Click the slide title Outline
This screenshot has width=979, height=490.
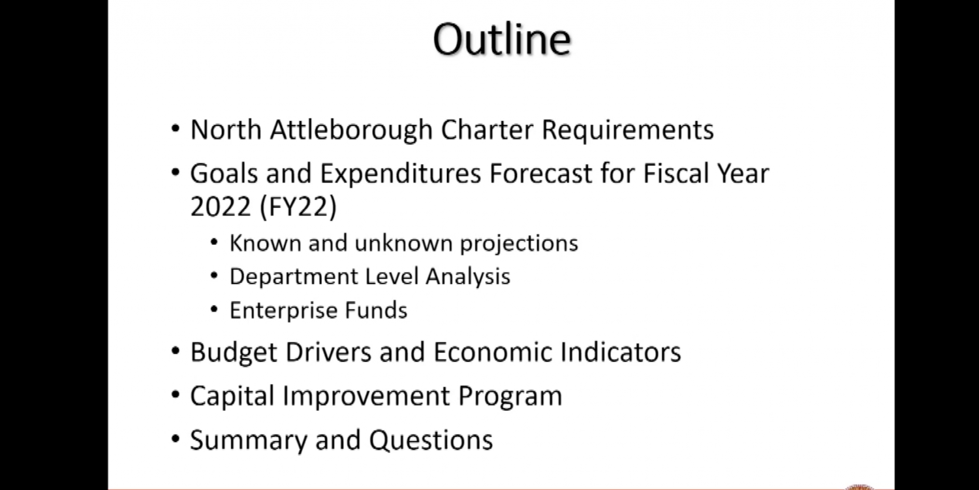tap(502, 39)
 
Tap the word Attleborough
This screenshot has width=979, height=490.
tap(351, 130)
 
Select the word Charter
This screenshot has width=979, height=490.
tap(487, 129)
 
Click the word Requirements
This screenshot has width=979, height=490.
tap(628, 131)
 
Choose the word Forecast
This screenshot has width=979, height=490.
tap(540, 173)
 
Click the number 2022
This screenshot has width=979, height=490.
tap(221, 206)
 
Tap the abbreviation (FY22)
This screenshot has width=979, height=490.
tap(298, 207)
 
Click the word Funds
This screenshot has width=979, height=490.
tap(376, 310)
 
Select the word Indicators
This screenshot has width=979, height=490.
tap(620, 351)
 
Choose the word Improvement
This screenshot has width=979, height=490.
tap(366, 397)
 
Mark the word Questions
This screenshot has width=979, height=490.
tap(431, 440)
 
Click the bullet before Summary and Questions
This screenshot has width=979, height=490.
tap(176, 439)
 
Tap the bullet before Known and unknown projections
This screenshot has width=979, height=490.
tap(214, 242)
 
